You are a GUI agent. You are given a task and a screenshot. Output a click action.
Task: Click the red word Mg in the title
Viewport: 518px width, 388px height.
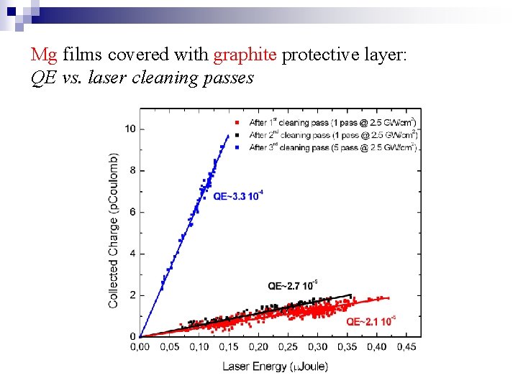pos(45,55)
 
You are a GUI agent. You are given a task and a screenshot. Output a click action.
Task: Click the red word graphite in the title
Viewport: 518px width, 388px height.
pos(245,55)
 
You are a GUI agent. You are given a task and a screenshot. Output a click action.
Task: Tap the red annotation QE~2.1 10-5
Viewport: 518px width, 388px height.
pos(371,321)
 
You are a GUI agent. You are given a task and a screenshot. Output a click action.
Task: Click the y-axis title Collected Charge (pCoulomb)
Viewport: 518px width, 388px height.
pos(114,230)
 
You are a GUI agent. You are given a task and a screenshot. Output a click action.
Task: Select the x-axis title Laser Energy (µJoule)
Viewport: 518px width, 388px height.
pos(275,366)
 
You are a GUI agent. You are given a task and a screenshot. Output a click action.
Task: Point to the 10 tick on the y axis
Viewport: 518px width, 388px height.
pos(130,129)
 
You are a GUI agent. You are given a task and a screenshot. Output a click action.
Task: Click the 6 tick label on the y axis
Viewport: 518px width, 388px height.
pos(132,212)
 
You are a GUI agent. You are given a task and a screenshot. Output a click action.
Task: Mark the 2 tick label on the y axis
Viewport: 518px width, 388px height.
pos(132,295)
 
